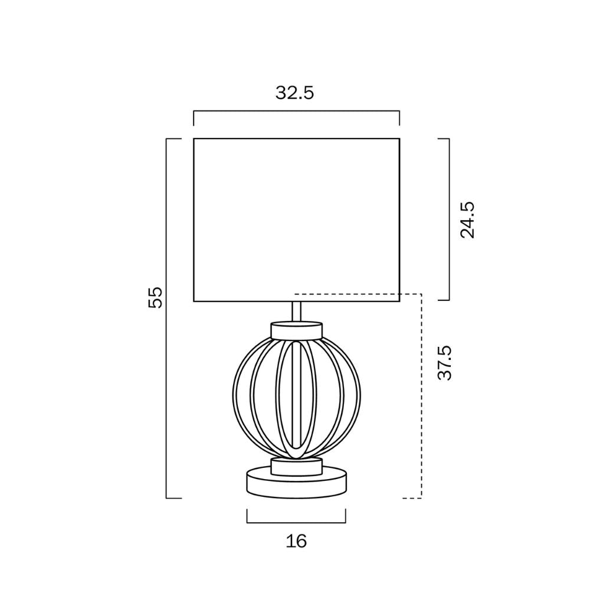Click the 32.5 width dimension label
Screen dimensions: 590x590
click(x=295, y=93)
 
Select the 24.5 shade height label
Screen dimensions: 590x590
click(x=467, y=219)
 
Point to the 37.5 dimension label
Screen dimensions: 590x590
click(x=445, y=363)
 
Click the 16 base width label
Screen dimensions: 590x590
click(x=296, y=540)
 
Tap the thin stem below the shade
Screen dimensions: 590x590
click(x=297, y=312)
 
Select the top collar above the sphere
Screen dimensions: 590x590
click(x=296, y=330)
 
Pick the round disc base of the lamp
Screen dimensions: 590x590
click(x=296, y=484)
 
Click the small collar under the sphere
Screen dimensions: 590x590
click(x=296, y=467)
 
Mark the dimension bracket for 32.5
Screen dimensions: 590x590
click(x=296, y=111)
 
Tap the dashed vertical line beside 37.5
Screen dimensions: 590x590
click(x=421, y=395)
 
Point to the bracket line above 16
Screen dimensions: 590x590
click(x=296, y=522)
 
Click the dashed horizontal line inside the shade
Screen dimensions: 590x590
click(x=348, y=293)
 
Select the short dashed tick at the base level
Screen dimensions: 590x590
click(x=411, y=499)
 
